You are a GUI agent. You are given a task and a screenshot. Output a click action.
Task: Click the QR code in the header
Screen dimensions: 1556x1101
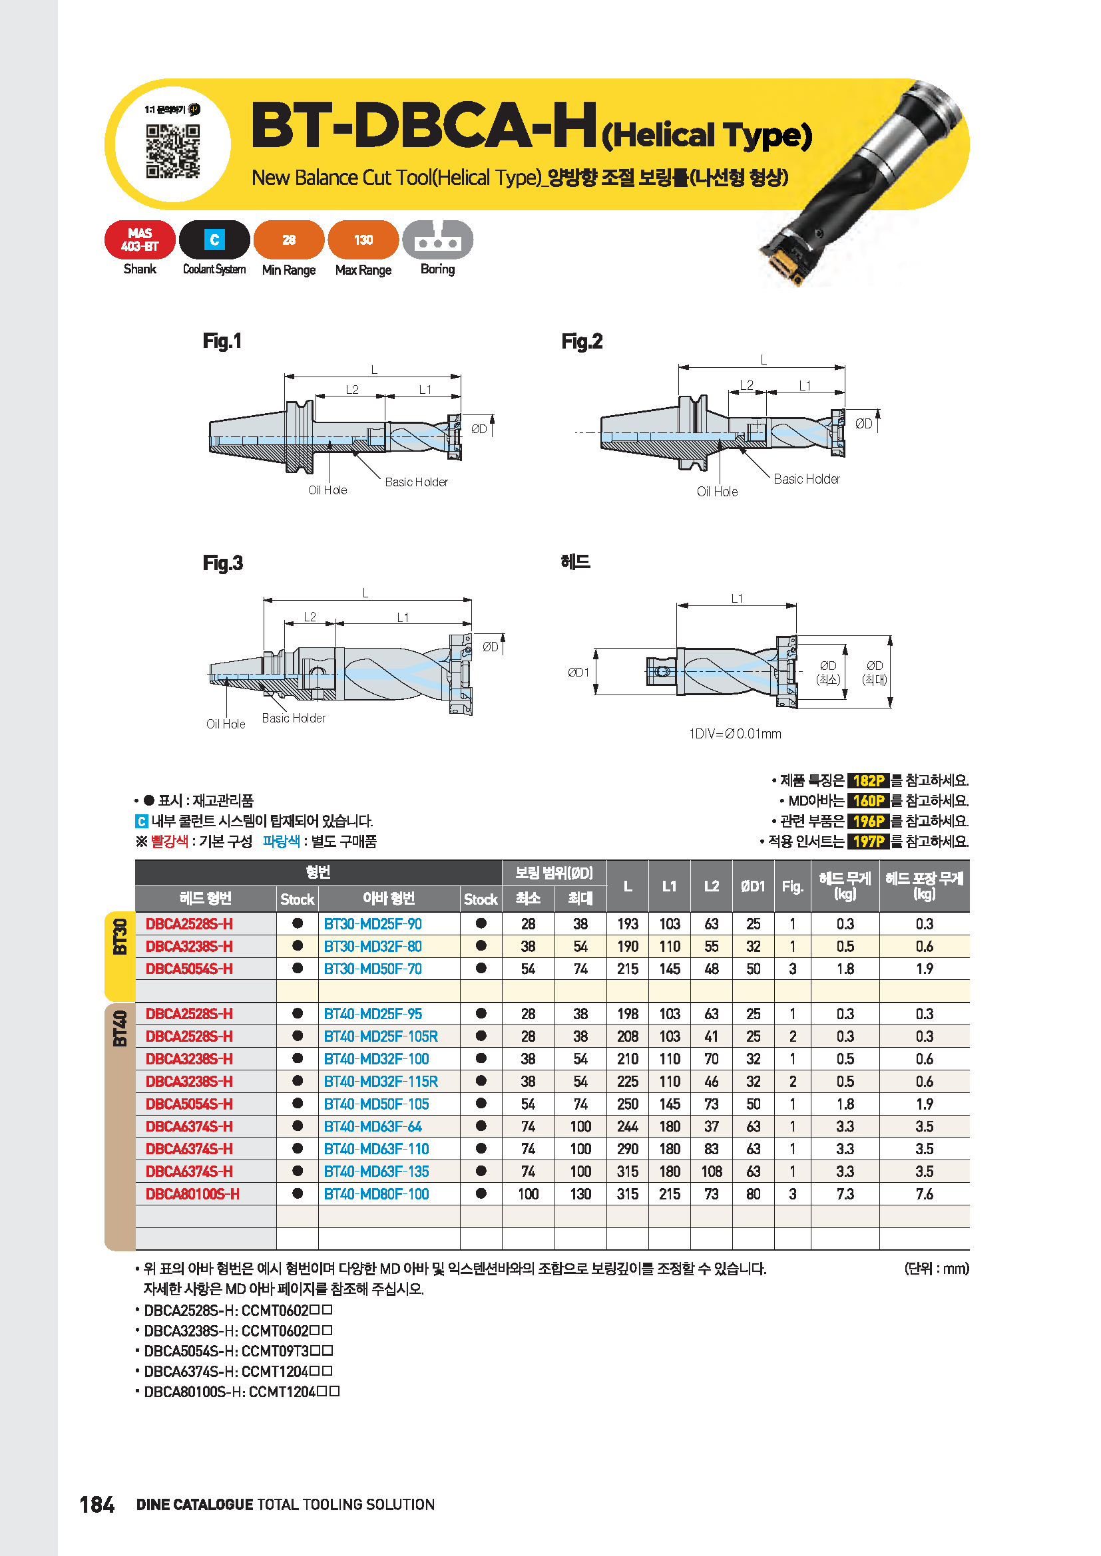pos(173,150)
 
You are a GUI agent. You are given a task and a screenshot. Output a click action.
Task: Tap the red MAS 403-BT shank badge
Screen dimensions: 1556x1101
pos(140,239)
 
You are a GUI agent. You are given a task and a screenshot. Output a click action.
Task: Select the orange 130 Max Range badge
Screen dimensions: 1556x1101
pos(363,239)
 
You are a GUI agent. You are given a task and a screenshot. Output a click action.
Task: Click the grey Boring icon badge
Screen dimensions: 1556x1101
pos(437,239)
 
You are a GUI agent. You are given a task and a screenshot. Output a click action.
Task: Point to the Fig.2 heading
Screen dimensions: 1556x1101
pos(581,341)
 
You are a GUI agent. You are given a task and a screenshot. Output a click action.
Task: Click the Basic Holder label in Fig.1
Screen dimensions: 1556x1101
pos(415,482)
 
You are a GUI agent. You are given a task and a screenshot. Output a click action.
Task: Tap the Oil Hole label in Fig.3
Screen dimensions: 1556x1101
pos(225,724)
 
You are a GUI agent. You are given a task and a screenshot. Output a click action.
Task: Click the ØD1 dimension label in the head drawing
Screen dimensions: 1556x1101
pos(578,673)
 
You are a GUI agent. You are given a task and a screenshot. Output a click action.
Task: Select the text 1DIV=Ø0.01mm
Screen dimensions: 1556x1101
pos(734,733)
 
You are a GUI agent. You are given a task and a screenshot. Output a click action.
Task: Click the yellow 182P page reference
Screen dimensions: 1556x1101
pos(868,780)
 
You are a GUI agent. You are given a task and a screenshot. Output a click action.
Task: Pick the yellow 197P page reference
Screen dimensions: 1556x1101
pos(868,841)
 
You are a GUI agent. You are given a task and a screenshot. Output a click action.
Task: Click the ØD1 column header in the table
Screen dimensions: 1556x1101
pos(753,885)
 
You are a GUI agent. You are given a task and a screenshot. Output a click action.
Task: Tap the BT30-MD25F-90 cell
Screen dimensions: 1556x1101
pos(373,924)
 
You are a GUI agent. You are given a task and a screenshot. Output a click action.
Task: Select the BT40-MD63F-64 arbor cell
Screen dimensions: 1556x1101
pos(373,1126)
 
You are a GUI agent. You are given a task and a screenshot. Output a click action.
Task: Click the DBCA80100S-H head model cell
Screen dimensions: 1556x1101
pos(192,1194)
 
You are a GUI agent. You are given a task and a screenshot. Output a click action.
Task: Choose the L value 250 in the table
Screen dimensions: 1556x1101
pos(627,1104)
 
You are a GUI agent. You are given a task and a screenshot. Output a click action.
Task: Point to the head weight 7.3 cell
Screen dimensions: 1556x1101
pos(845,1194)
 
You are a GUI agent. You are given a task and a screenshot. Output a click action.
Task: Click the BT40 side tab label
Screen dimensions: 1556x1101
pos(120,1028)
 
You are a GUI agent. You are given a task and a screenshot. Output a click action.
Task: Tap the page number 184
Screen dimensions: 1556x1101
pos(97,1505)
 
